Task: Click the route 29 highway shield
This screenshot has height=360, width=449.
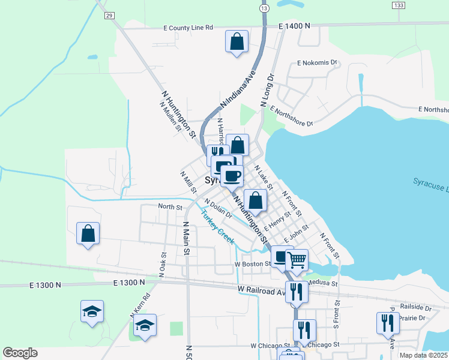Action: pos(108,14)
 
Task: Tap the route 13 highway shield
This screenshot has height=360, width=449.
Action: pos(264,8)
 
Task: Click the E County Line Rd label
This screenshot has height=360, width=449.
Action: pos(188,28)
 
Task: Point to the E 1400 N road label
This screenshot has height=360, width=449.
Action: pos(294,26)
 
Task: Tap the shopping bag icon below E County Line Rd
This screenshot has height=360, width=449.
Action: pos(237,42)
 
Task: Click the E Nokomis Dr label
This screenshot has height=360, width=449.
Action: pos(318,62)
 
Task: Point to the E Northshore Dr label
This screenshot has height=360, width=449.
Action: pos(292,116)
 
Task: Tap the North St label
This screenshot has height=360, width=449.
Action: pos(170,207)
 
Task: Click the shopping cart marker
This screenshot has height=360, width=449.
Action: pos(297,260)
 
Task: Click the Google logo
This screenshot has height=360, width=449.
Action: pos(20,353)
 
